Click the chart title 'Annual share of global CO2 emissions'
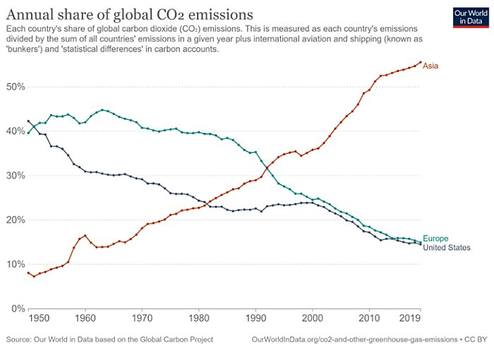(x=131, y=13)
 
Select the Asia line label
(x=430, y=66)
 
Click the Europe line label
(x=435, y=239)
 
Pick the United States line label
(x=446, y=248)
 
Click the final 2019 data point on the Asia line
(x=421, y=62)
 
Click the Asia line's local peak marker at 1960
(x=85, y=236)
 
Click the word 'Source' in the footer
(x=18, y=340)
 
